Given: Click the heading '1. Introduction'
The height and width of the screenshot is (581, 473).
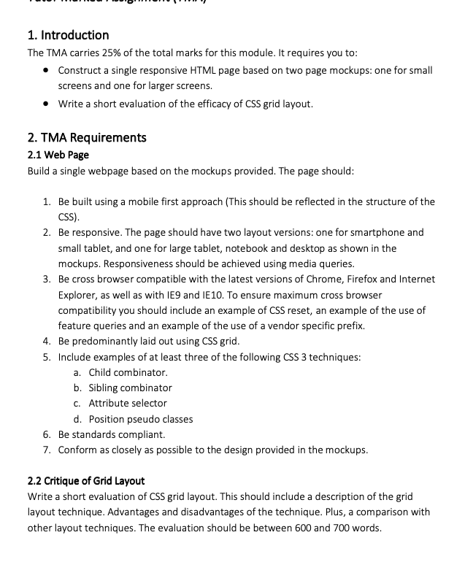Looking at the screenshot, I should [x=68, y=35].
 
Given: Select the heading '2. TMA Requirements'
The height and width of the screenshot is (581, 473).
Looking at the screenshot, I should [x=87, y=137].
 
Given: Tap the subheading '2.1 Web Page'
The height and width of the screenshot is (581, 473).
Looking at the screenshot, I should [x=58, y=155].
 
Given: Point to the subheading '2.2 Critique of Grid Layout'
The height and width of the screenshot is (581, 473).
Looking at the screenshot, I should [x=86, y=481].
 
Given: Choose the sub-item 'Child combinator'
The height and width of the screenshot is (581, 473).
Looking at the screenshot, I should [x=128, y=372].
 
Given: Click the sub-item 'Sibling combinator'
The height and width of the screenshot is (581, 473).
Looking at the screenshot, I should [x=131, y=388].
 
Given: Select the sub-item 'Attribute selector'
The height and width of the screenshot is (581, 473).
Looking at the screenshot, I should [x=128, y=403].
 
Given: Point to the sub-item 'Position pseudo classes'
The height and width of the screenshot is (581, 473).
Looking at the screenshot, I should [x=141, y=419].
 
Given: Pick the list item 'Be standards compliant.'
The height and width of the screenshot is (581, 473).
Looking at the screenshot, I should [x=112, y=434].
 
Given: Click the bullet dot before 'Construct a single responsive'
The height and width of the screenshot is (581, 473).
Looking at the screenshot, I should [x=46, y=71].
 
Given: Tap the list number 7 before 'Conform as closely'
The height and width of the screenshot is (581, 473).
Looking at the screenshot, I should [x=46, y=450].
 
